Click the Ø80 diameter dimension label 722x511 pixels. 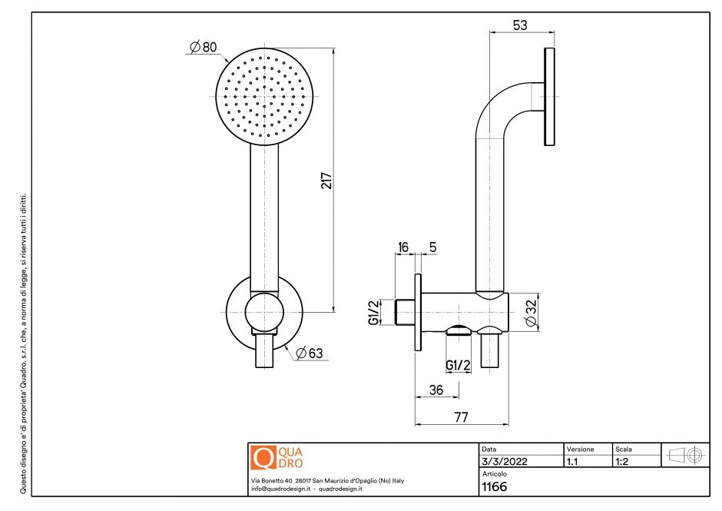click(x=204, y=48)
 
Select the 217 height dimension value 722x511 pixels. click(x=326, y=181)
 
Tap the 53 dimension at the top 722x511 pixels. click(x=520, y=25)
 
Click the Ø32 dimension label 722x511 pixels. click(x=531, y=313)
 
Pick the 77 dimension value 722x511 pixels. click(x=460, y=417)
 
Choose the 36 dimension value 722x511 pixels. click(x=436, y=390)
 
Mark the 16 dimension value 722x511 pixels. click(x=403, y=247)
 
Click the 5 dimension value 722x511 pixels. click(x=433, y=247)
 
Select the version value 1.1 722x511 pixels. click(x=572, y=463)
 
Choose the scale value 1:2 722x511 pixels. click(x=623, y=463)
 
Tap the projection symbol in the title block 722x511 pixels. click(x=686, y=455)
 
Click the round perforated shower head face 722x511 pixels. click(x=266, y=97)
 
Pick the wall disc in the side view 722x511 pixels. click(x=549, y=96)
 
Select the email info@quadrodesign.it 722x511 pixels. click(x=280, y=489)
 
